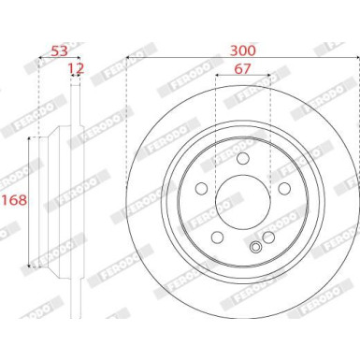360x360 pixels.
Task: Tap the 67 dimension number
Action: [244, 69]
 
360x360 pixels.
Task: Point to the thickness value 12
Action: [76, 69]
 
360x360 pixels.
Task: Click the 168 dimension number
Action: [12, 200]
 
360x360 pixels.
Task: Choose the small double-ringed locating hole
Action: [257, 247]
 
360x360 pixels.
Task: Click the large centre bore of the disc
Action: [244, 202]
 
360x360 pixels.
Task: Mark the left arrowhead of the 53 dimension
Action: [39, 57]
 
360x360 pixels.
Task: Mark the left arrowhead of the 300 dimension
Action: [128, 57]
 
